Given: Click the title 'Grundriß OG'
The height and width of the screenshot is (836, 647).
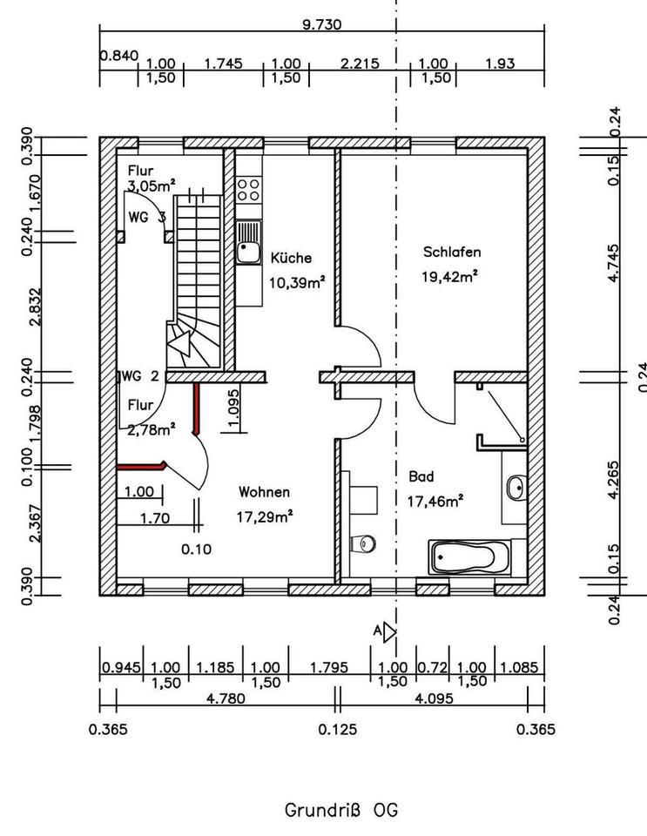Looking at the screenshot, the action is [x=341, y=810].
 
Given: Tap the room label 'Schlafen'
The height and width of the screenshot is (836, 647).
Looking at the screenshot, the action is [x=452, y=252].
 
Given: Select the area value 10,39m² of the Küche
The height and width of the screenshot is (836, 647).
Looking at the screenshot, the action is [x=297, y=282].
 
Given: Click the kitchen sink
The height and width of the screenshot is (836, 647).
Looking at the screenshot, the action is [x=249, y=242].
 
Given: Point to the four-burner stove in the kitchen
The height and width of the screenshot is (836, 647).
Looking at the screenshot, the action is [x=249, y=190].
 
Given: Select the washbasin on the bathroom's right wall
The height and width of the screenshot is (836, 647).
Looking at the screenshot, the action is [x=516, y=488].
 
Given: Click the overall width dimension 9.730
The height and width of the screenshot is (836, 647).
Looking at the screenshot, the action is [x=322, y=24].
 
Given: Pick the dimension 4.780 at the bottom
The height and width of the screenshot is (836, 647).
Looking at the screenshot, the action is [x=226, y=698].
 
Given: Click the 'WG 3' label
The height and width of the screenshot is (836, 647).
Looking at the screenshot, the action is [x=147, y=217].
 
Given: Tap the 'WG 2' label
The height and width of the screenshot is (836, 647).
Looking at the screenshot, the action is [x=140, y=376].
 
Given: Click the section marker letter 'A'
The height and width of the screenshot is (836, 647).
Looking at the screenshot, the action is [x=377, y=631].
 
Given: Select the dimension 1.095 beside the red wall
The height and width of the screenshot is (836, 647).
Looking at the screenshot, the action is [x=233, y=408].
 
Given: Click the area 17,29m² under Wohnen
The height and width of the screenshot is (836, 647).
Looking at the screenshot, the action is [x=265, y=516].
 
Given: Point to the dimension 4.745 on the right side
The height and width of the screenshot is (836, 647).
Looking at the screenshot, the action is [x=613, y=263].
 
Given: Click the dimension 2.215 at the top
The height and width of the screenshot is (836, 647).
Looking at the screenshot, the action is [x=360, y=64].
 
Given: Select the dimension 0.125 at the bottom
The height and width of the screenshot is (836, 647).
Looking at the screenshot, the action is [x=338, y=729].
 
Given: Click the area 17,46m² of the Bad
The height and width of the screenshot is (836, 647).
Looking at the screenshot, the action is [x=435, y=502].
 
